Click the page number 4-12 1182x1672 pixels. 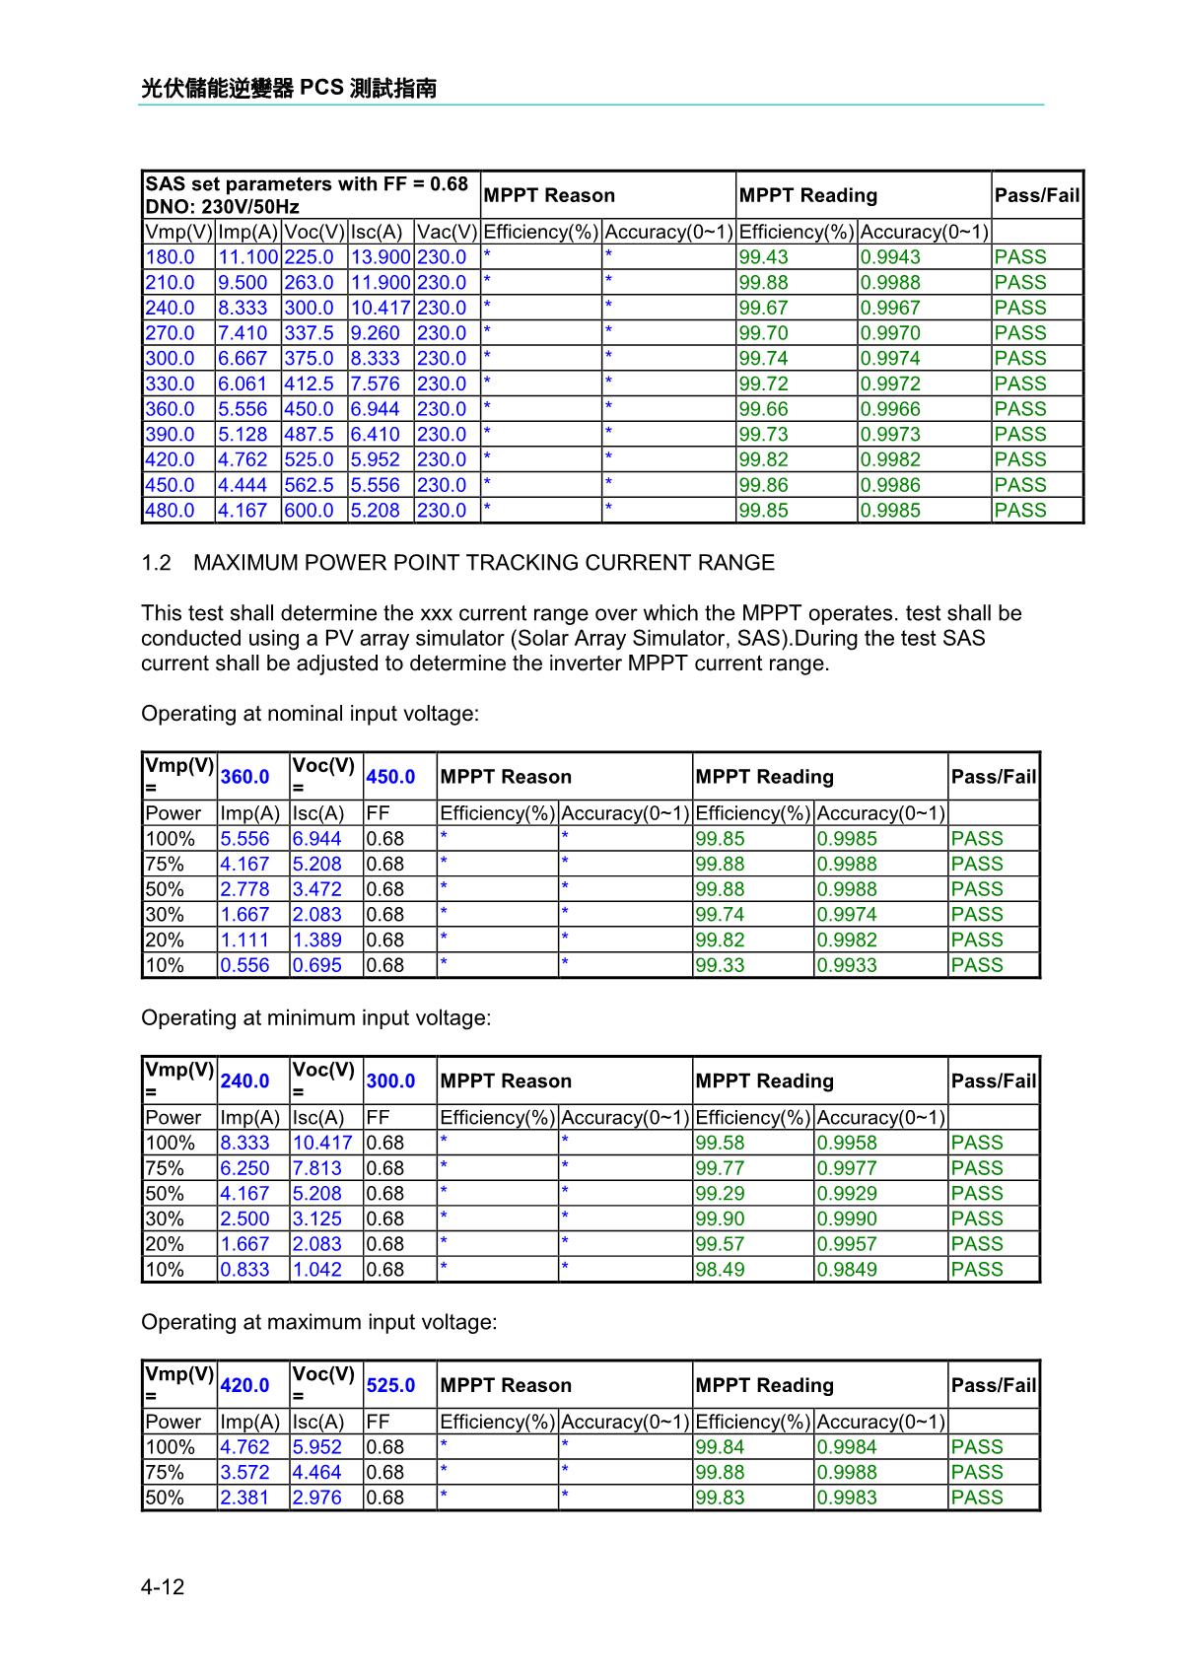pos(163,1587)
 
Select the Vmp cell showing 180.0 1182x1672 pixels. pos(170,257)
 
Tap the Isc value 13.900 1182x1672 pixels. pos(381,257)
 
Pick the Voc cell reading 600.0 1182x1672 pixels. pos(309,511)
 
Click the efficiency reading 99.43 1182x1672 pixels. pos(763,257)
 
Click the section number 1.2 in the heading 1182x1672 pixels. pos(156,563)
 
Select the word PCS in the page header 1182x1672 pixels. pos(321,89)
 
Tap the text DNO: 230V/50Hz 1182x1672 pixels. pos(222,207)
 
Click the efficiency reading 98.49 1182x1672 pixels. pos(720,1270)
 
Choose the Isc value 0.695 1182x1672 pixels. pos(316,965)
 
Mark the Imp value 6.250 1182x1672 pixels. pos(244,1168)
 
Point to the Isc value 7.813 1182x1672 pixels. pos(316,1168)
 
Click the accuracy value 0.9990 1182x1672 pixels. pos(847,1219)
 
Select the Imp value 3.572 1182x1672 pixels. pos(244,1473)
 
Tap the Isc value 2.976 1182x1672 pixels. pos(316,1498)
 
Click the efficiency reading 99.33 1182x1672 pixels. pos(720,965)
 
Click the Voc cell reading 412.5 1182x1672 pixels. pos(309,384)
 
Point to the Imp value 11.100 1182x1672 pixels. pos(247,257)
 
